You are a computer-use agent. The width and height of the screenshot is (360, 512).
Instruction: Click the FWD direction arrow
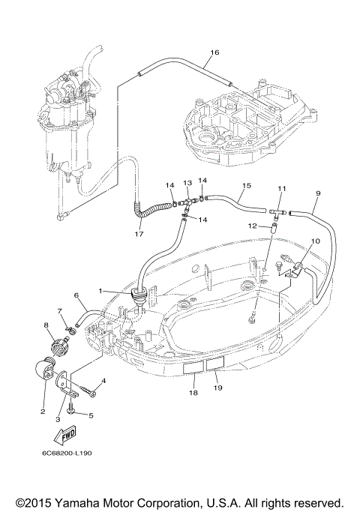point(65,435)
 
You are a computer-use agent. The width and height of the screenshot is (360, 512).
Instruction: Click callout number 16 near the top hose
point(214,52)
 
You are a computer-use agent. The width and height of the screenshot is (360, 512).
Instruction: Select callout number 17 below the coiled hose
point(139,234)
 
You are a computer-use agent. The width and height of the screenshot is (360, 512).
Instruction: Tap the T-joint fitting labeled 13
point(187,203)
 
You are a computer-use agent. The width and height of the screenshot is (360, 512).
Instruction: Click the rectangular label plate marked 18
point(194,369)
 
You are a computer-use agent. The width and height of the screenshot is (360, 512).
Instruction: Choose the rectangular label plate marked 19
point(215,364)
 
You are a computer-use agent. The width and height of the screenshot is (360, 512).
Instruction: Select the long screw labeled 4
point(87,391)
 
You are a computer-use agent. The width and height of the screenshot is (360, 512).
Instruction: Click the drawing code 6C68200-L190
point(67,454)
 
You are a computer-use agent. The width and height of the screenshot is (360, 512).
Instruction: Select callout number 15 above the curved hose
point(247,185)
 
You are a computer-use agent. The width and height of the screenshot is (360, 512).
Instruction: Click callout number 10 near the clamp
point(316,241)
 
